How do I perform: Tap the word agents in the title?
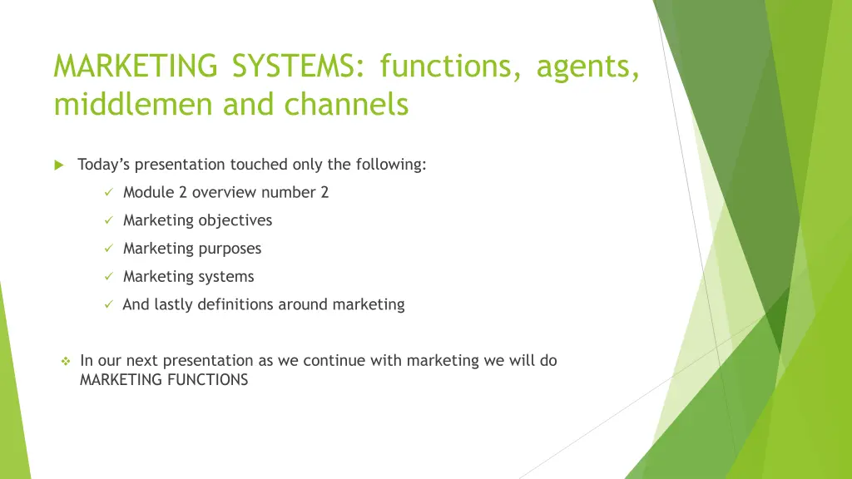click(x=588, y=66)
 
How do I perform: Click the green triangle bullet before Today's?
click(x=59, y=165)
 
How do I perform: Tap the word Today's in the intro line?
click(x=103, y=165)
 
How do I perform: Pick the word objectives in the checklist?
click(x=235, y=220)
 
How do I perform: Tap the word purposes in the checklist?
click(x=230, y=249)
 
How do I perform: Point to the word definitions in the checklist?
click(x=235, y=304)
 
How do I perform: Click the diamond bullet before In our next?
click(x=65, y=362)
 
